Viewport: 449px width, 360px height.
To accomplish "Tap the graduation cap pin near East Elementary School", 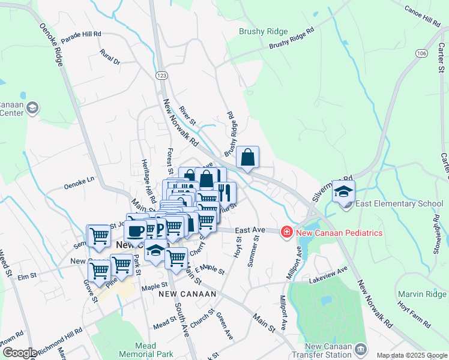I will pyautogui.click(x=343, y=192).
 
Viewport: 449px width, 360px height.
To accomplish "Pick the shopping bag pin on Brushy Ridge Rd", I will pyautogui.click(x=247, y=158).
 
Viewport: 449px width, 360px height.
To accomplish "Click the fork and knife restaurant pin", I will pyautogui.click(x=224, y=193).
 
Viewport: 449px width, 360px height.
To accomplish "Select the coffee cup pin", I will pyautogui.click(x=136, y=231).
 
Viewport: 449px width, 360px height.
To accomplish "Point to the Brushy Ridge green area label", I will pyautogui.click(x=264, y=31).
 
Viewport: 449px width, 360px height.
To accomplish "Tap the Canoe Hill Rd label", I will pyautogui.click(x=423, y=17).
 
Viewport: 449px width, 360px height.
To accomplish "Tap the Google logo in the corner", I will pyautogui.click(x=19, y=353).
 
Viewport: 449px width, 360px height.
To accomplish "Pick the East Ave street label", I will pyautogui.click(x=250, y=230).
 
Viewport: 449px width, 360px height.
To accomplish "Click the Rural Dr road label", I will pyautogui.click(x=110, y=58).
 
